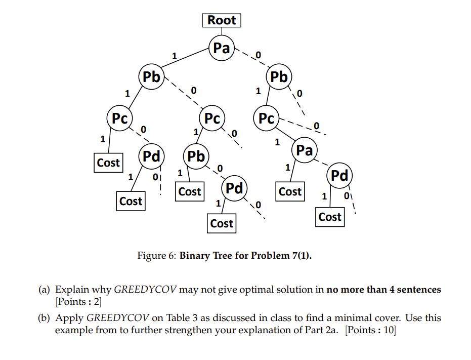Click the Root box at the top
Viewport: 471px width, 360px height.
click(222, 20)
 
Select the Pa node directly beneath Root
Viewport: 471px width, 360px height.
click(222, 49)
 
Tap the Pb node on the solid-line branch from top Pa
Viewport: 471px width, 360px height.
click(151, 77)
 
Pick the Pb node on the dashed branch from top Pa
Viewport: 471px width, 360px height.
click(279, 77)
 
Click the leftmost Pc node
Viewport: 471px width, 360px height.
click(119, 118)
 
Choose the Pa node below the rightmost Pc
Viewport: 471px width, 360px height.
click(304, 150)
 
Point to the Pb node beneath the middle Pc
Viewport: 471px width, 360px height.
click(196, 156)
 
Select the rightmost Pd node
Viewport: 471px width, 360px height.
click(339, 175)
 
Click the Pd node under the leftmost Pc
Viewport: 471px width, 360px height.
click(151, 155)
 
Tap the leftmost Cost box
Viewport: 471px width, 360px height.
click(108, 163)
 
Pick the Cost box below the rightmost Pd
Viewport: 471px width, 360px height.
click(330, 217)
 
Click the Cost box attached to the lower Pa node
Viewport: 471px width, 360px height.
click(290, 192)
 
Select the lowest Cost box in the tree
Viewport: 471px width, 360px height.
click(222, 223)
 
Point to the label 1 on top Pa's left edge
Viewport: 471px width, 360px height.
click(175, 56)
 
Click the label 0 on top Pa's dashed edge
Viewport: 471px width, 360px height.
click(259, 54)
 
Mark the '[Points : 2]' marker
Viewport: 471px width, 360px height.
click(78, 302)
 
